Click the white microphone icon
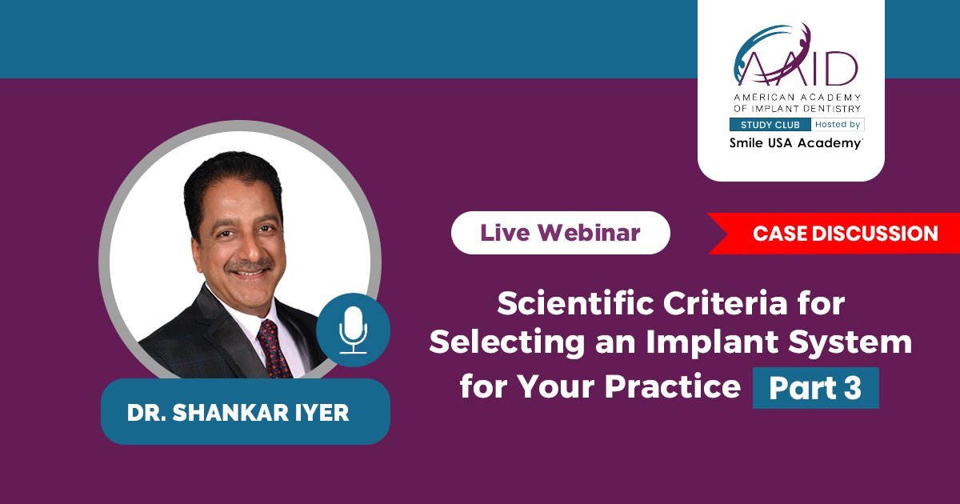[x=353, y=330]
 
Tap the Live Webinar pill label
[x=561, y=233]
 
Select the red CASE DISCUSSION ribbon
[x=834, y=234]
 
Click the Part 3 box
[x=815, y=388]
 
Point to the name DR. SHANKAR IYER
[x=238, y=412]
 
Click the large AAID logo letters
[x=796, y=56]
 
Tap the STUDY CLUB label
[x=770, y=125]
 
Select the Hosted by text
[x=838, y=124]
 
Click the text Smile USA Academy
[x=796, y=143]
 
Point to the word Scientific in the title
[x=576, y=303]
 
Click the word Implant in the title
[x=712, y=342]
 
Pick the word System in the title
[x=850, y=343]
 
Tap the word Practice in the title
[x=673, y=386]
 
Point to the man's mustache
[x=250, y=266]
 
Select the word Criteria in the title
[x=725, y=303]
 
